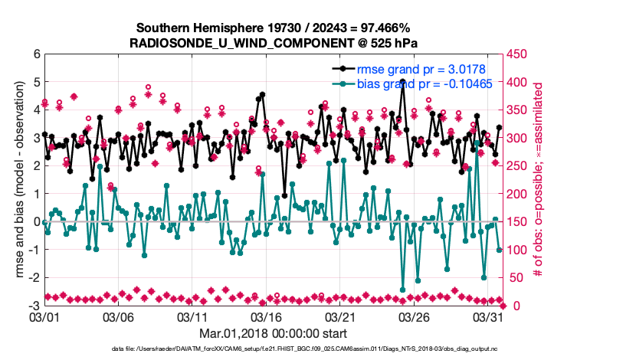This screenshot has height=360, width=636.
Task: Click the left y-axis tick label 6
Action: (35, 54)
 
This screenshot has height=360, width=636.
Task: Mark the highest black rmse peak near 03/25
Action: (402, 81)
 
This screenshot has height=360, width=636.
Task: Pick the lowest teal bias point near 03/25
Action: (402, 290)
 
